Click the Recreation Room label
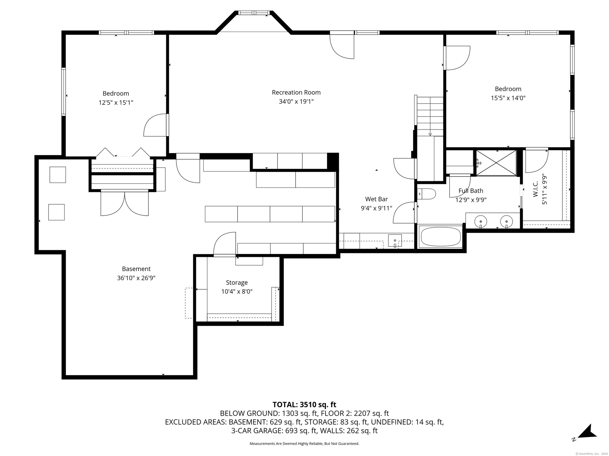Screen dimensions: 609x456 (296, 92)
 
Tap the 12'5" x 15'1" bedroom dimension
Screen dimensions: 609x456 (116, 103)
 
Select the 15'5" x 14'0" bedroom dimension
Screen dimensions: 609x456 (508, 98)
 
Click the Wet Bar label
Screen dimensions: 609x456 (377, 199)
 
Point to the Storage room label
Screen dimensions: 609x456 (237, 283)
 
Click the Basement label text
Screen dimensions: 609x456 (136, 269)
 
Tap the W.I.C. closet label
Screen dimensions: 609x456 (536, 189)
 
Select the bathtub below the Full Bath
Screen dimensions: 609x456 (440, 236)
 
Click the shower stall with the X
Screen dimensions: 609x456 (496, 162)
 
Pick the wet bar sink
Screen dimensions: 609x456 (395, 241)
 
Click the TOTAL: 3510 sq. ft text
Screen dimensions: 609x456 (304, 405)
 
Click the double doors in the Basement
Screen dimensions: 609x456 (124, 203)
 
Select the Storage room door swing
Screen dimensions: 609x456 (225, 244)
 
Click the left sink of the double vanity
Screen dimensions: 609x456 (481, 221)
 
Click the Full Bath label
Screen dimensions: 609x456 (471, 191)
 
